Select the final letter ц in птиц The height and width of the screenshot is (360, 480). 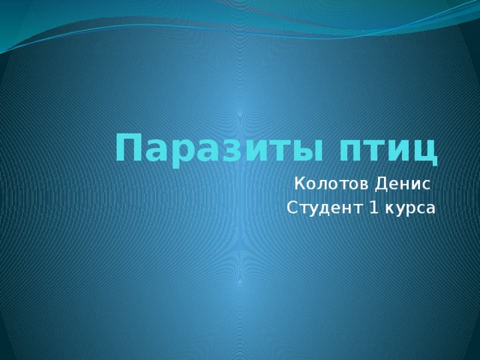pos(424,151)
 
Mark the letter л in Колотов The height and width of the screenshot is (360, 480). pos(320,184)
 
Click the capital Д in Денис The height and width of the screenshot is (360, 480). pos(377,183)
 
